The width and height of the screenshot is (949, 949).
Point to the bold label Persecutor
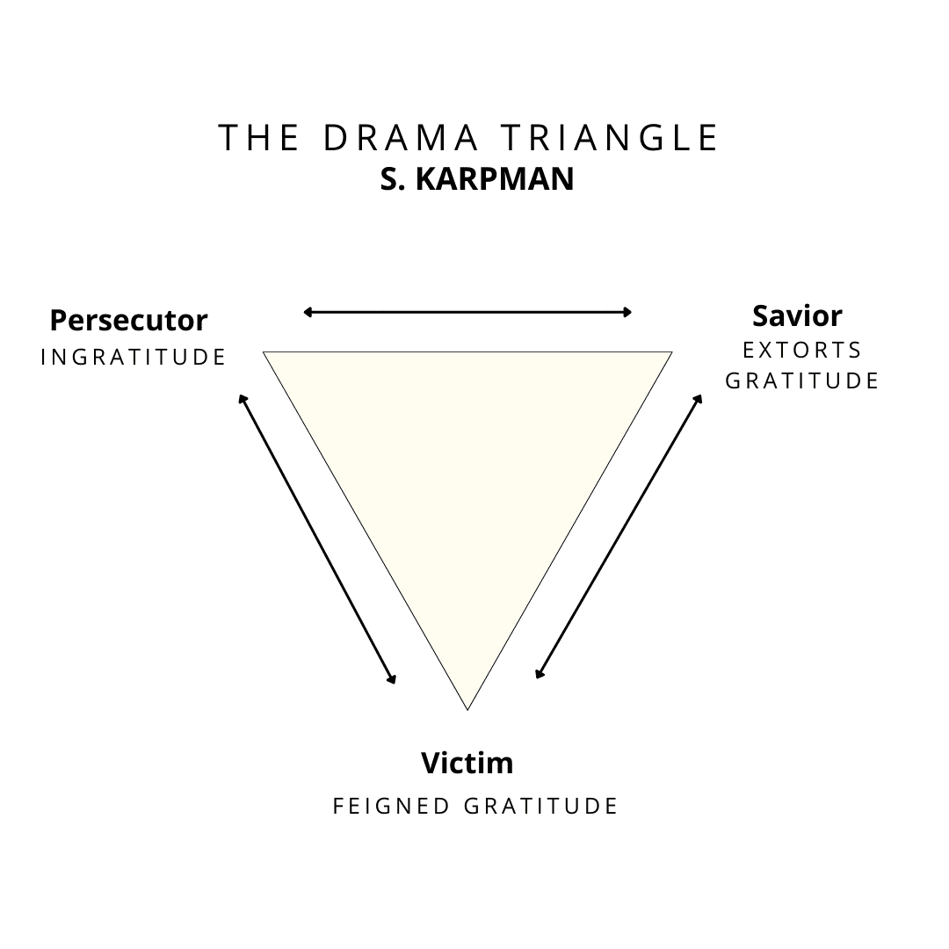click(128, 320)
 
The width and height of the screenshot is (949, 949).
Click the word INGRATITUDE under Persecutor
click(134, 357)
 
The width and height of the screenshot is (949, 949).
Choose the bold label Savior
click(797, 315)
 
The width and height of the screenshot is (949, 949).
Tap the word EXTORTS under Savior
click(802, 350)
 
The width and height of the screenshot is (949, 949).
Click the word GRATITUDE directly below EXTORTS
click(802, 380)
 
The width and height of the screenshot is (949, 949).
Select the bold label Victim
click(467, 762)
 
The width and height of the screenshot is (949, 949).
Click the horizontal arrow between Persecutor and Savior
click(467, 312)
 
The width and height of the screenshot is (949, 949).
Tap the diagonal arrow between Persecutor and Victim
click(317, 539)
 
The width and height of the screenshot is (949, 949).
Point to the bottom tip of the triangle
click(467, 707)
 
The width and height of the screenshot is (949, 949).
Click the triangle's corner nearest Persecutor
click(266, 352)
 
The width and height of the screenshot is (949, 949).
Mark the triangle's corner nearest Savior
click(670, 353)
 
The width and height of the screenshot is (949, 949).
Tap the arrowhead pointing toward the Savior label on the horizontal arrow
click(627, 312)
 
